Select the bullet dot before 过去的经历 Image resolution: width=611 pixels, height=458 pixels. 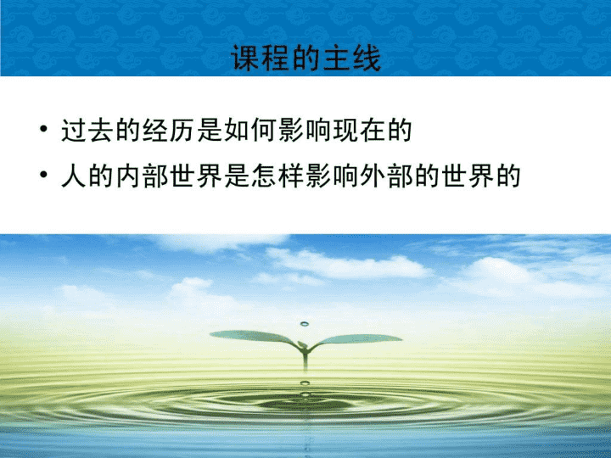point(43,129)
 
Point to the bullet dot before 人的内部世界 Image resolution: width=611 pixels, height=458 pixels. point(43,175)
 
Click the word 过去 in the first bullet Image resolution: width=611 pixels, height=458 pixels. point(87,130)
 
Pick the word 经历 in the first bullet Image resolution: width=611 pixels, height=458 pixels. point(169,130)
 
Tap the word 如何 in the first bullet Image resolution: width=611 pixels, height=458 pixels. point(250,130)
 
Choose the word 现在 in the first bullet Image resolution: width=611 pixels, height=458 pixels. point(359,130)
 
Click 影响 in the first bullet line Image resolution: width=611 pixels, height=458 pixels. point(305,130)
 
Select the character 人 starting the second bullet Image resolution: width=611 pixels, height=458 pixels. point(74,176)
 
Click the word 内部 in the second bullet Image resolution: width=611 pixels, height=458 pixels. point(142,176)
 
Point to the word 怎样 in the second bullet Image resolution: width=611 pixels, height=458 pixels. point(277,176)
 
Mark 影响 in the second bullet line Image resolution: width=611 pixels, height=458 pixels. point(332,176)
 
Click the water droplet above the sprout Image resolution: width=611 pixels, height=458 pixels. point(305,324)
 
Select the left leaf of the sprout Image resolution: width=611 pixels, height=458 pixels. point(253,337)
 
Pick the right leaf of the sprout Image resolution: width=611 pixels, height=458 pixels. point(356,339)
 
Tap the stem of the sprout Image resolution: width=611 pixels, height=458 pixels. point(305,360)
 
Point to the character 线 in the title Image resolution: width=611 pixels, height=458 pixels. point(367,58)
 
